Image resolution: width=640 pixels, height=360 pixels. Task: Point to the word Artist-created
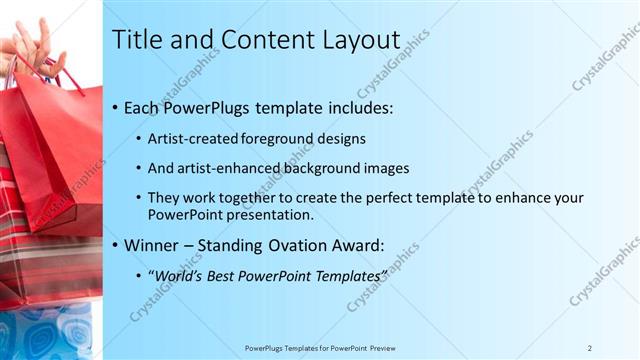187,139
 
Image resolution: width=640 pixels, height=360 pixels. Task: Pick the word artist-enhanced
215,169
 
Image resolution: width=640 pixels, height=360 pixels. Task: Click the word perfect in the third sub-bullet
389,199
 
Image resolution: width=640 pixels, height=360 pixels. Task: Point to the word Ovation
318,245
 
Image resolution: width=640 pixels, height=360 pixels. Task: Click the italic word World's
176,275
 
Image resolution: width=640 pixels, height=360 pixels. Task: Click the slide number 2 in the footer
590,348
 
